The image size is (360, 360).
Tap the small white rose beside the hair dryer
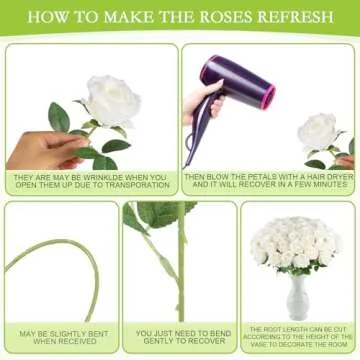[318, 130]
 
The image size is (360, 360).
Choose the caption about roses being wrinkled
[90, 181]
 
